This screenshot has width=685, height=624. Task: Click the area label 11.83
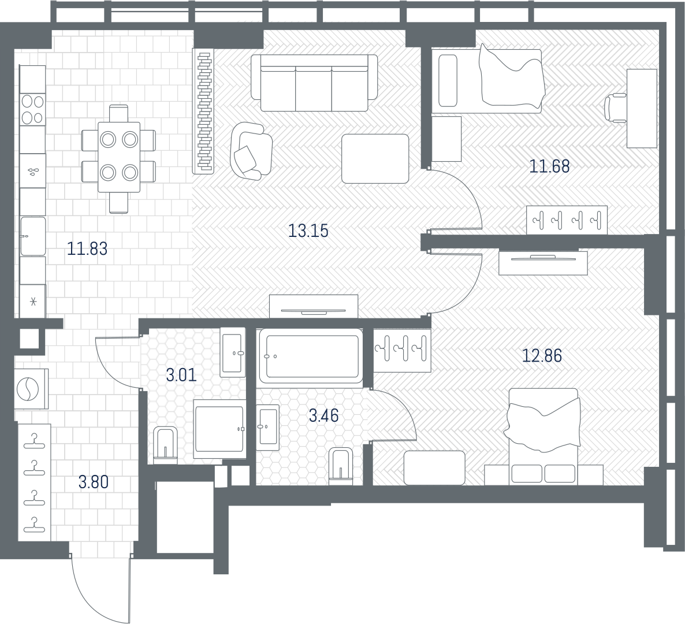tap(87, 248)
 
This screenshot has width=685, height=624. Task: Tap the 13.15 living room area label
tap(308, 231)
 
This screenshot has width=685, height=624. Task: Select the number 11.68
tap(550, 166)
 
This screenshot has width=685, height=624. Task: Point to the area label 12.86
tap(542, 356)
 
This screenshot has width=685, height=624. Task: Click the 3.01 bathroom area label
tap(182, 375)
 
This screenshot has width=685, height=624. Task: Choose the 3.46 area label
tap(323, 415)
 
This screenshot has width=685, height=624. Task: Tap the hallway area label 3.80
tap(94, 482)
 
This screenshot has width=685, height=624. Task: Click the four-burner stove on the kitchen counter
tap(33, 109)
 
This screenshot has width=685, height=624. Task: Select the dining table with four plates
tap(119, 157)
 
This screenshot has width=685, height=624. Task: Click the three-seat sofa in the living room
tap(314, 83)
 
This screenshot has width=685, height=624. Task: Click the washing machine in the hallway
tap(31, 389)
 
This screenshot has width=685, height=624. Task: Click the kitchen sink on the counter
tap(33, 236)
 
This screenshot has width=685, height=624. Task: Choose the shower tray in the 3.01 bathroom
tap(219, 429)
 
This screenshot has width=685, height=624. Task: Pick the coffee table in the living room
tap(375, 159)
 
